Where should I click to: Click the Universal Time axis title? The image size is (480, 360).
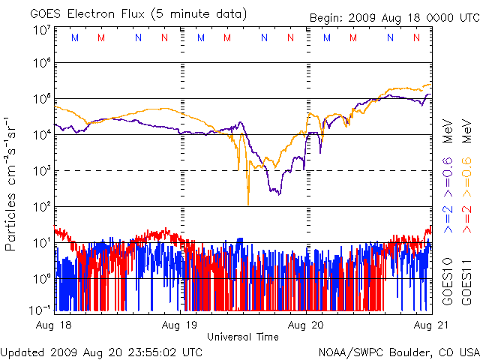(x=243, y=337)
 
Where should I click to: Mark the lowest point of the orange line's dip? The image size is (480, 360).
(x=247, y=204)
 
